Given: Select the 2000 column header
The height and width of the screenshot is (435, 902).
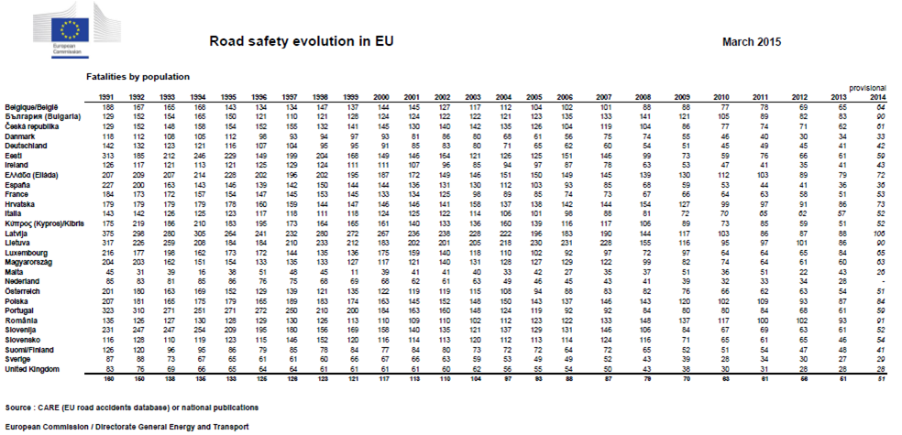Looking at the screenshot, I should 381,97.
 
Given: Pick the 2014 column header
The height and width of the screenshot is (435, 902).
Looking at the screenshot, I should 876,97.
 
